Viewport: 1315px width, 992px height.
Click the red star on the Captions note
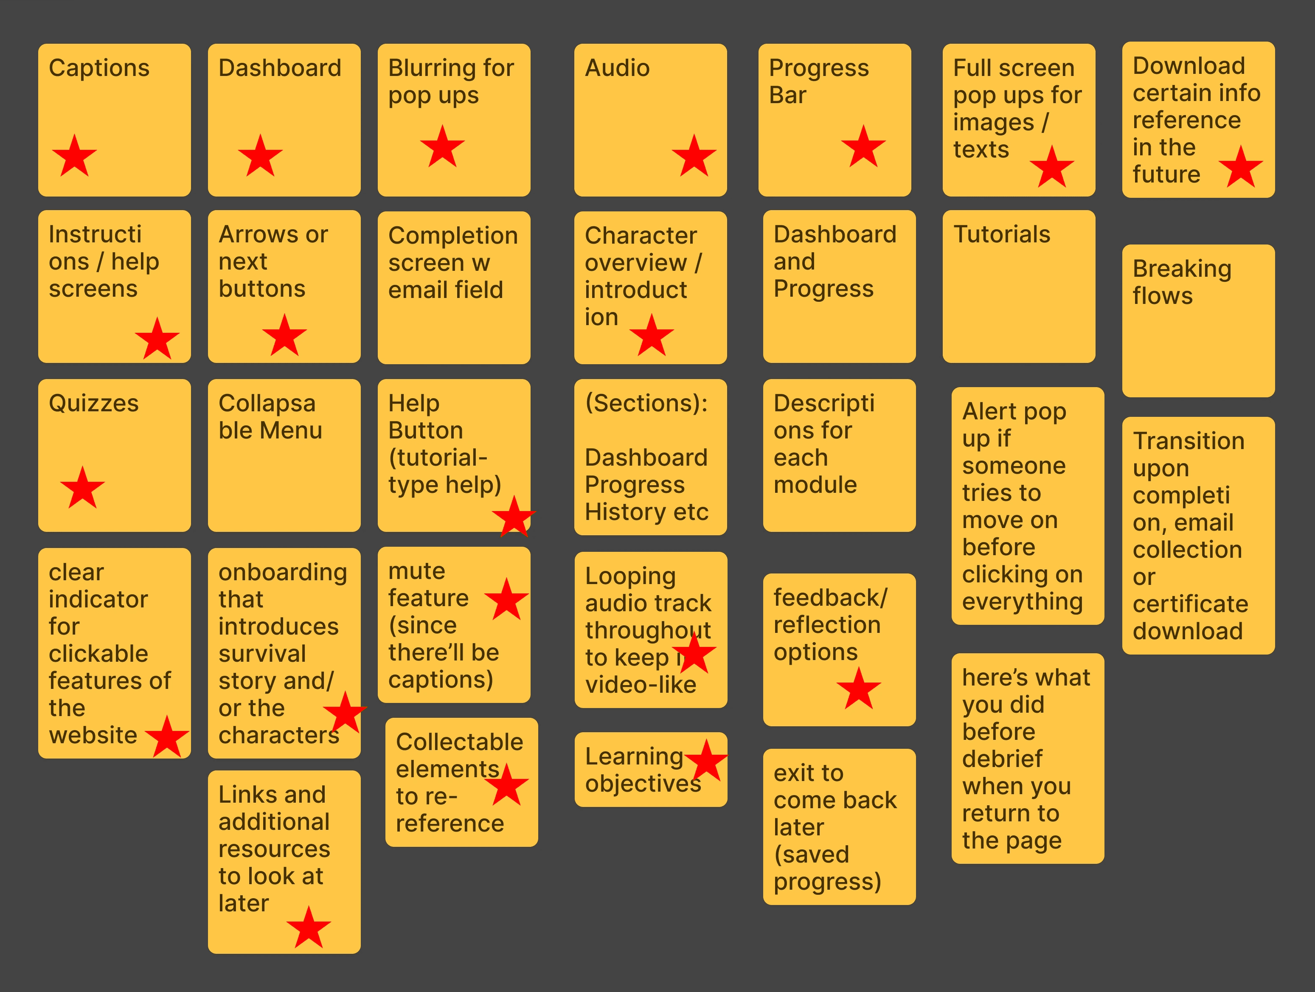[74, 156]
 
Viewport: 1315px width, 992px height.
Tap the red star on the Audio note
[694, 156]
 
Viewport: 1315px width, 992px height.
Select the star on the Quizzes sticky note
[83, 488]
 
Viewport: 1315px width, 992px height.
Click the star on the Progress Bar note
[863, 147]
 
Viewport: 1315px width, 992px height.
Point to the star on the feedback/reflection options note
[858, 689]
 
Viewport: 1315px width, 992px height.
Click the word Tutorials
[1002, 234]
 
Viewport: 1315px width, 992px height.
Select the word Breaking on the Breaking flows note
[1182, 269]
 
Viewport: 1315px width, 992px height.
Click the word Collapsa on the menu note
[267, 403]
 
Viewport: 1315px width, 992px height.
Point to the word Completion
[453, 235]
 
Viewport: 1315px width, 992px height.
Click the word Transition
[1189, 441]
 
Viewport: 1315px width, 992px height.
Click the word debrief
[1002, 759]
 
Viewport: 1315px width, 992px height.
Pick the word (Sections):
[646, 403]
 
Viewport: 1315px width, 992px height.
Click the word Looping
[630, 576]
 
